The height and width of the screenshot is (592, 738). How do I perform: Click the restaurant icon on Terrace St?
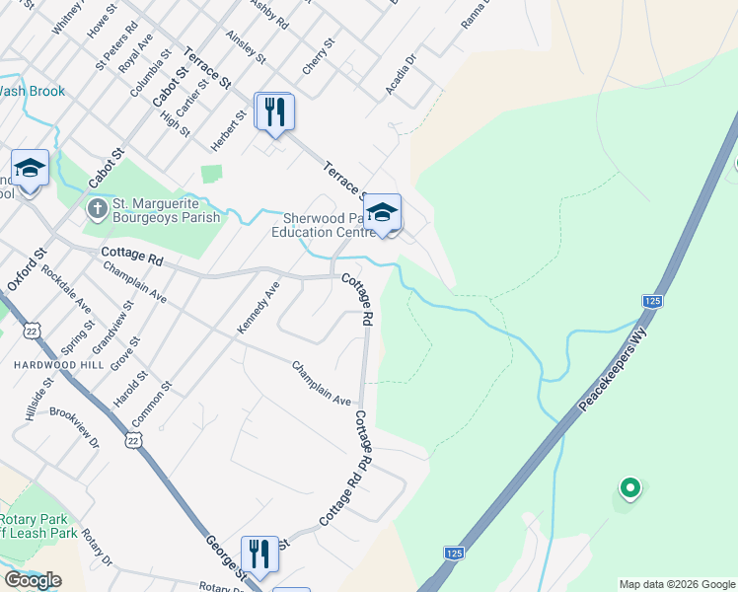pyautogui.click(x=274, y=111)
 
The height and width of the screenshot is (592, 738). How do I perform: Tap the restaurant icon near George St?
pyautogui.click(x=259, y=555)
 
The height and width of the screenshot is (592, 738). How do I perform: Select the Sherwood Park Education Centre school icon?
pyautogui.click(x=382, y=212)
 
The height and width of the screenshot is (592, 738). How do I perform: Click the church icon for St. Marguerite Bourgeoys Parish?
pyautogui.click(x=96, y=208)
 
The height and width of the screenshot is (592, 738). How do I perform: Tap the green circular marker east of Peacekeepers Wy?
pyautogui.click(x=628, y=487)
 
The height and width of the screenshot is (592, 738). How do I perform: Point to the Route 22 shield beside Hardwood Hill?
pyautogui.click(x=34, y=328)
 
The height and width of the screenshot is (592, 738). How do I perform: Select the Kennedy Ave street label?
pyautogui.click(x=258, y=306)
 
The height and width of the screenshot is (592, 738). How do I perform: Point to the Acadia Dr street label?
pyautogui.click(x=403, y=75)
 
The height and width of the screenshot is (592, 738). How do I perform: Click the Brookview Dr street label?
pyautogui.click(x=75, y=428)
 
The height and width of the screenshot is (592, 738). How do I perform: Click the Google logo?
pyautogui.click(x=33, y=580)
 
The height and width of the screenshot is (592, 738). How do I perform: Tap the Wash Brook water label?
pyautogui.click(x=32, y=92)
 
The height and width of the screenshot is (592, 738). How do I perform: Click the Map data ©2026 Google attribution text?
pyautogui.click(x=677, y=584)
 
